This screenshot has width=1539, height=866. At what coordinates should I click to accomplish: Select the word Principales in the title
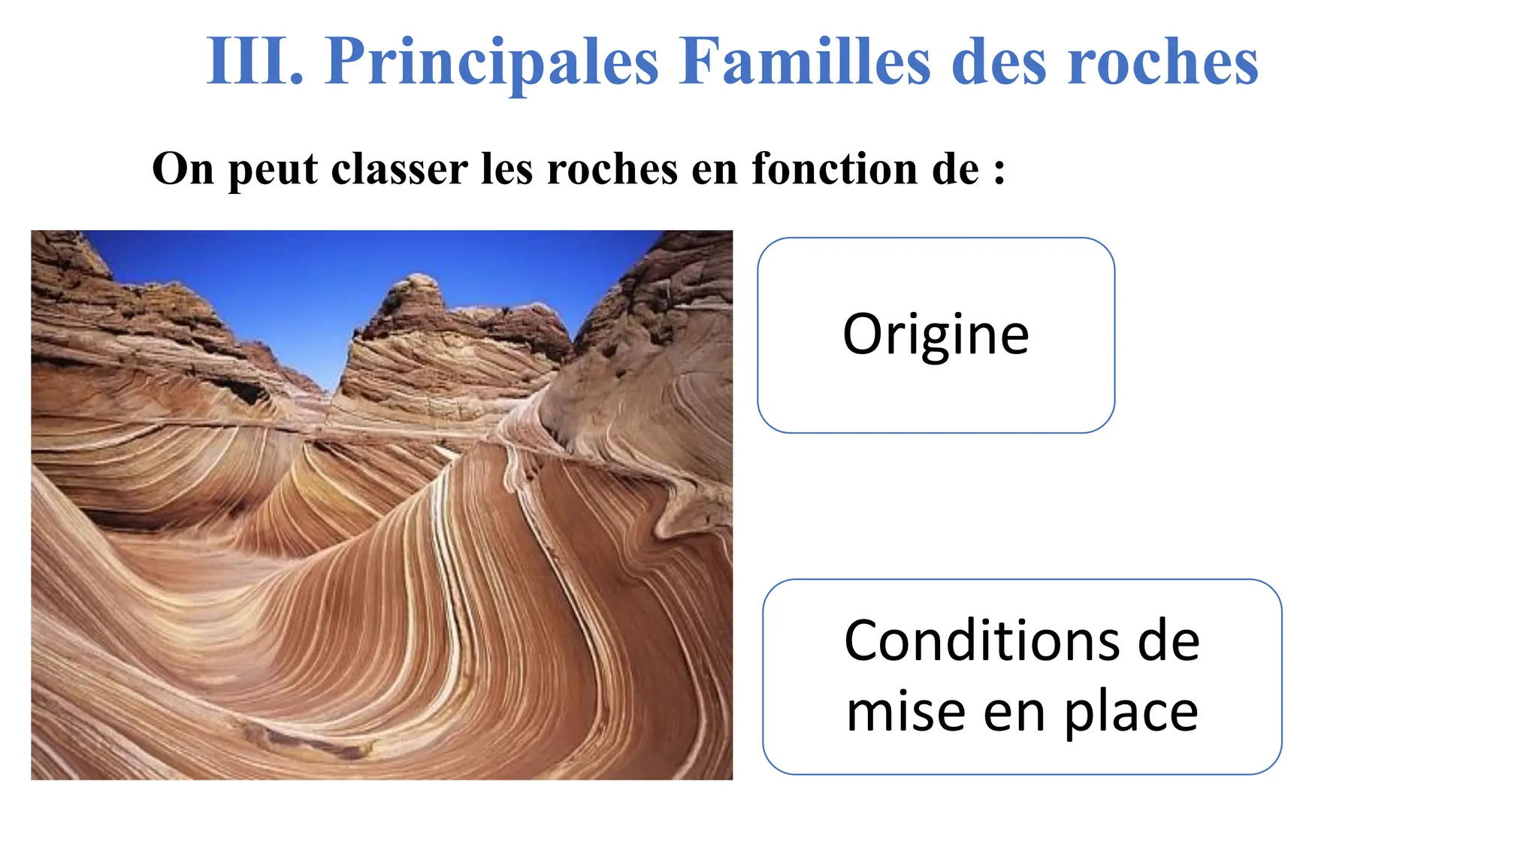pyautogui.click(x=491, y=62)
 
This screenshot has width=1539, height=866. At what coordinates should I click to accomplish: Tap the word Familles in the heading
pyautogui.click(x=804, y=62)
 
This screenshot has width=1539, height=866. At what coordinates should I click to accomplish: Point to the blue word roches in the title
pyautogui.click(x=1163, y=62)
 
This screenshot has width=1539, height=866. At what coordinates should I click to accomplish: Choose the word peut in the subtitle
pyautogui.click(x=273, y=170)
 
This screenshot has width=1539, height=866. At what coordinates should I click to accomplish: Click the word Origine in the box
pyautogui.click(x=936, y=335)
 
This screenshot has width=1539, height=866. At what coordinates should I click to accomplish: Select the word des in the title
pyautogui.click(x=999, y=62)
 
